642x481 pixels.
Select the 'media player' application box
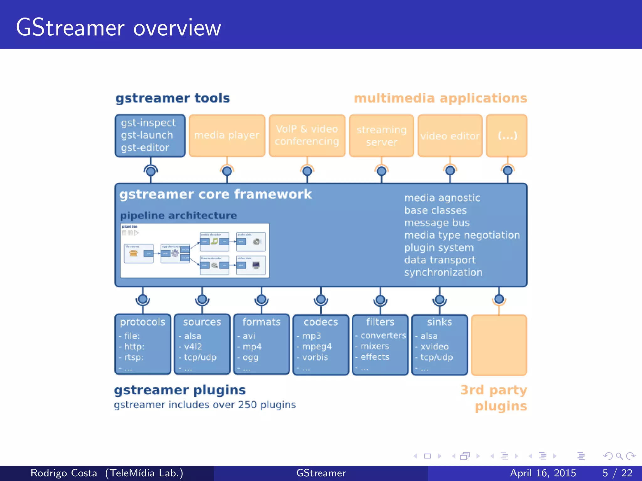pos(227,136)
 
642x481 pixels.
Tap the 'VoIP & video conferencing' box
pos(307,136)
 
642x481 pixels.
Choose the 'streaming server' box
pos(382,136)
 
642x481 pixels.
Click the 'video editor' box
pos(450,136)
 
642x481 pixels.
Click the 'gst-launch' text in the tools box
pos(147,135)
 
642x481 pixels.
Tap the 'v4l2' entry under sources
pos(193,346)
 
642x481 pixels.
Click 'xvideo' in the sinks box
pos(434,346)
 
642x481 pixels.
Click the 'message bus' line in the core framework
pos(437,223)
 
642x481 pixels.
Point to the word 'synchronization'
pos(443,272)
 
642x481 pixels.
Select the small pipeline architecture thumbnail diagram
pos(195,251)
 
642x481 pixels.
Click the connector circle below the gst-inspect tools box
pos(151,171)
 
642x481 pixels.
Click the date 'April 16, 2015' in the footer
pos(543,473)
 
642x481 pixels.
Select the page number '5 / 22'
pos(617,473)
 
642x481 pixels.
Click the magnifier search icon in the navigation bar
pos(619,456)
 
